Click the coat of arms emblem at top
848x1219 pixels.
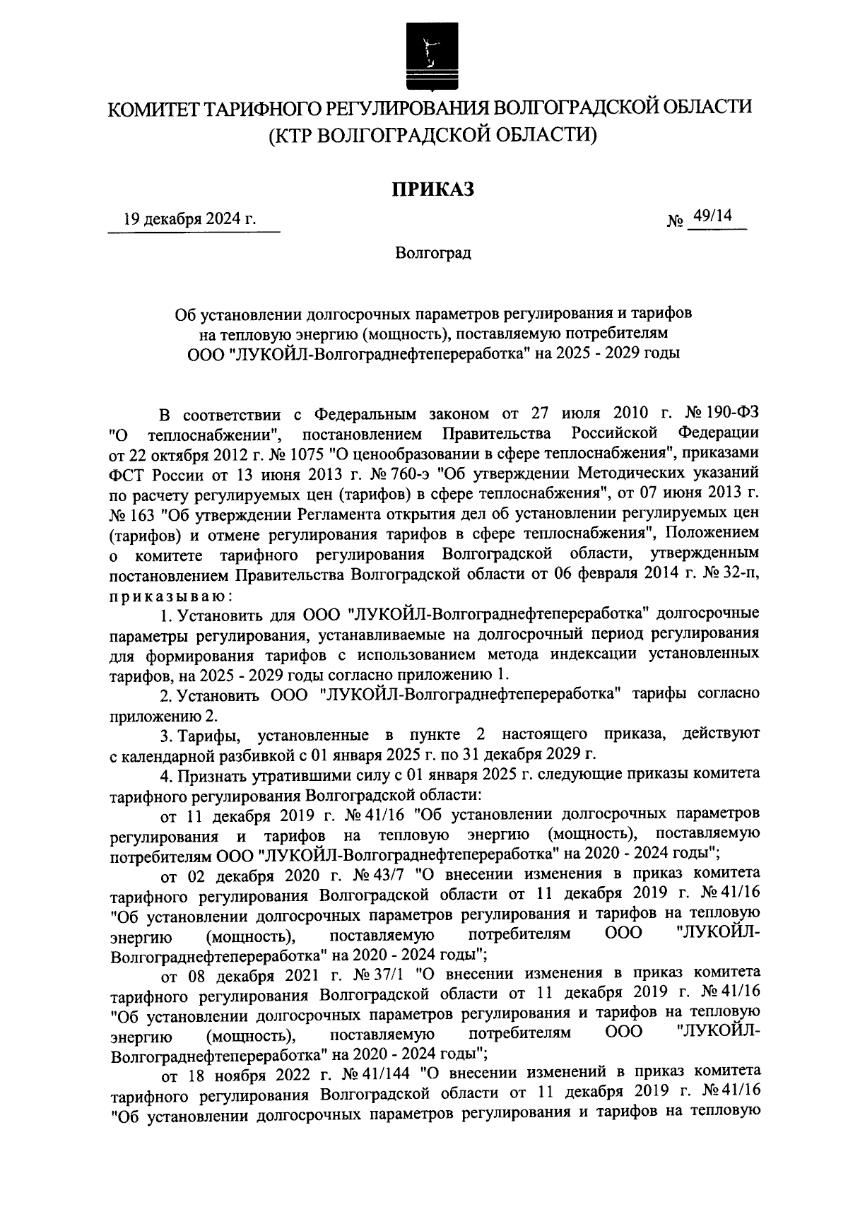click(428, 52)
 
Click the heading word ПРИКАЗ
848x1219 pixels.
click(432, 189)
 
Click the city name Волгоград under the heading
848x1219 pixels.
click(432, 252)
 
